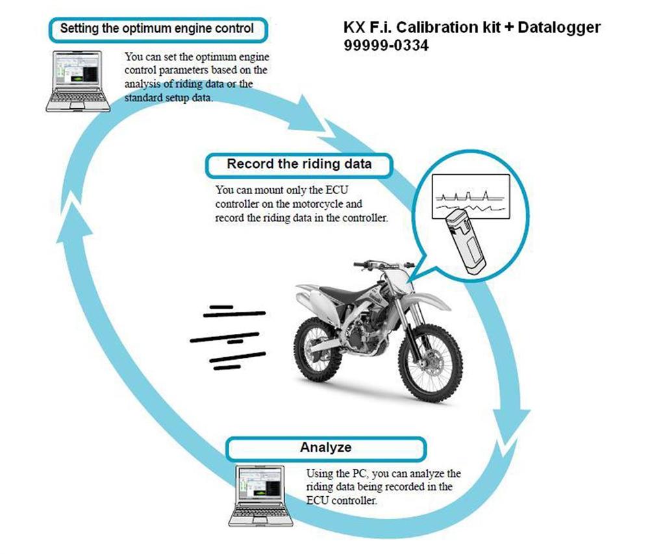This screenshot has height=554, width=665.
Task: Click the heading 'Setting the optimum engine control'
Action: pyautogui.click(x=157, y=29)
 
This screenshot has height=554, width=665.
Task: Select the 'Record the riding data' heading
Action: pyautogui.click(x=299, y=164)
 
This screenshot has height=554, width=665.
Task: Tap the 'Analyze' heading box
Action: pyautogui.click(x=325, y=447)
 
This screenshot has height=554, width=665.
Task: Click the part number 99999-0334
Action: pyautogui.click(x=386, y=46)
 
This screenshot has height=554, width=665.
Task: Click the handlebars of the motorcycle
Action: pyautogui.click(x=383, y=264)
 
